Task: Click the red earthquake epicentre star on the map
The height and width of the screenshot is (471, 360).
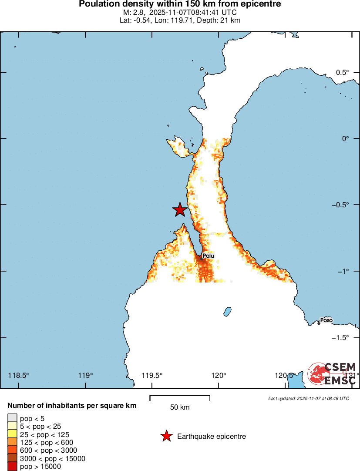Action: pos(180,209)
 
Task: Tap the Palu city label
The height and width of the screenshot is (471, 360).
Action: pos(209,256)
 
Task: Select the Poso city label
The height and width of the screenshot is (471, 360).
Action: pos(326,320)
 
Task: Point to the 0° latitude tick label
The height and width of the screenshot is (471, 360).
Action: pos(346,138)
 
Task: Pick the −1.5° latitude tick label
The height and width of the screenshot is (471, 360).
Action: pos(340,337)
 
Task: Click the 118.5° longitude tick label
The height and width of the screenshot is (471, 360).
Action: pos(19,375)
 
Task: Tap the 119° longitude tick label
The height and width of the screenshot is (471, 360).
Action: pos(86,375)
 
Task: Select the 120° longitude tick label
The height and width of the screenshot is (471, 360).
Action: pos(219,375)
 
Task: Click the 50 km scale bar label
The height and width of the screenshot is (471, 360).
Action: pos(180,407)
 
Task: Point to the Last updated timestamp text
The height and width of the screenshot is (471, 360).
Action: pos(309,398)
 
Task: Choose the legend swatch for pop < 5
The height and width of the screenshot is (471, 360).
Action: pos(12,419)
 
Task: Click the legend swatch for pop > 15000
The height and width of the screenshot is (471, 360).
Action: pos(12,467)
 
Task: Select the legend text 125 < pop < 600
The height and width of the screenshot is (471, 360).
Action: pos(47,443)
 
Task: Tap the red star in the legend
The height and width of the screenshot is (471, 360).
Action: pos(166,436)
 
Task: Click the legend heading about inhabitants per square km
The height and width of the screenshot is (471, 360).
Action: pos(72,406)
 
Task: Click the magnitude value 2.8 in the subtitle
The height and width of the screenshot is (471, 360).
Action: pos(138,13)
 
